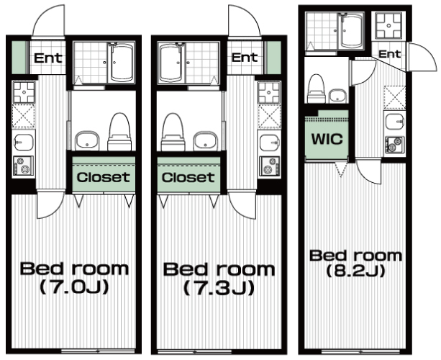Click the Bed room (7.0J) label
(74, 278)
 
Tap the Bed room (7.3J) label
(219, 279)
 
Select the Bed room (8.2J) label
(355, 263)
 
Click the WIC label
(327, 139)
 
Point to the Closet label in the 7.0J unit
(104, 177)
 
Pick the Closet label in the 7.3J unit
(188, 177)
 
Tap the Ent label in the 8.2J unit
(389, 53)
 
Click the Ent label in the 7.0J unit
(47, 58)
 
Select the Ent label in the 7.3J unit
(245, 58)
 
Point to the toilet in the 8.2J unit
(317, 89)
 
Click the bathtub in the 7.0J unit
(122, 63)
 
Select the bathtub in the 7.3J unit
(171, 63)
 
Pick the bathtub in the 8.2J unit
(351, 31)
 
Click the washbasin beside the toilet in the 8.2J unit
(338, 96)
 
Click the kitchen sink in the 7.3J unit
(270, 142)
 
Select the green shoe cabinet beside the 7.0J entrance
(19, 58)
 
